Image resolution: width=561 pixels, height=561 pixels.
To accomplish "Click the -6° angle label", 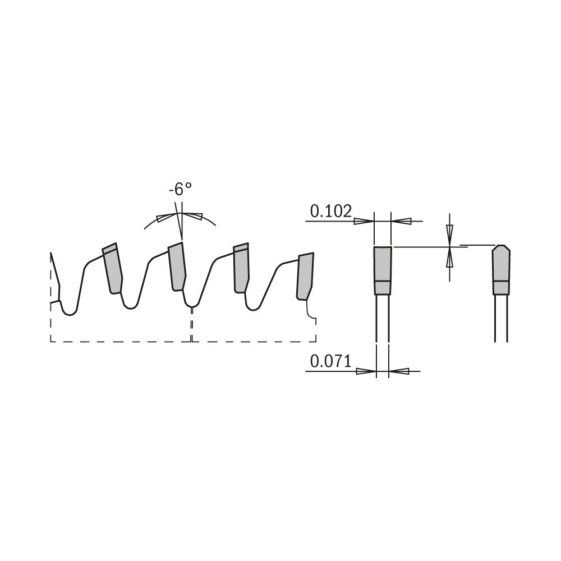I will pos(180,190).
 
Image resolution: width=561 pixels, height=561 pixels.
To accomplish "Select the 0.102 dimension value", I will pos(330,211).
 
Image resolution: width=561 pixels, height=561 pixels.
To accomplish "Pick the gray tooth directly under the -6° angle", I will pos(177,267).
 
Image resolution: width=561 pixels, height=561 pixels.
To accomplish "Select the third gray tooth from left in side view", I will pos(241,268).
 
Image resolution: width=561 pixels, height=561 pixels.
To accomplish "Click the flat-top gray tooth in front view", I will pos(383,270).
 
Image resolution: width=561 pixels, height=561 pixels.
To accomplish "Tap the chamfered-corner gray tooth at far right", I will pos(501,269).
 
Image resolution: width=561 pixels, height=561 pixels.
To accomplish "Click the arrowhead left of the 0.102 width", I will pos(364,222).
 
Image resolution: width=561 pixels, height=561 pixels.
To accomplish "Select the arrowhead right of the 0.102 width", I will pos(402,222).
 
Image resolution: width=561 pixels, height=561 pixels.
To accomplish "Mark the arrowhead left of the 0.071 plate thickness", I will pos(366,371).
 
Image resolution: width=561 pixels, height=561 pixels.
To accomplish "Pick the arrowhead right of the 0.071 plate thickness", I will pos(399,371).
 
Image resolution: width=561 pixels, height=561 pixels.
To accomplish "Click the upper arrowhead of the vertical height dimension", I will pos(449,232).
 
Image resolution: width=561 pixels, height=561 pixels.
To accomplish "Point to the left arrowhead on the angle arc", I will pos(165,218).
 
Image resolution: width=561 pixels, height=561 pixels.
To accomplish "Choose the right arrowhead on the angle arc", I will pos(193,217).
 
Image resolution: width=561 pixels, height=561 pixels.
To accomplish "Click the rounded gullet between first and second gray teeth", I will pos(130,304).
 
